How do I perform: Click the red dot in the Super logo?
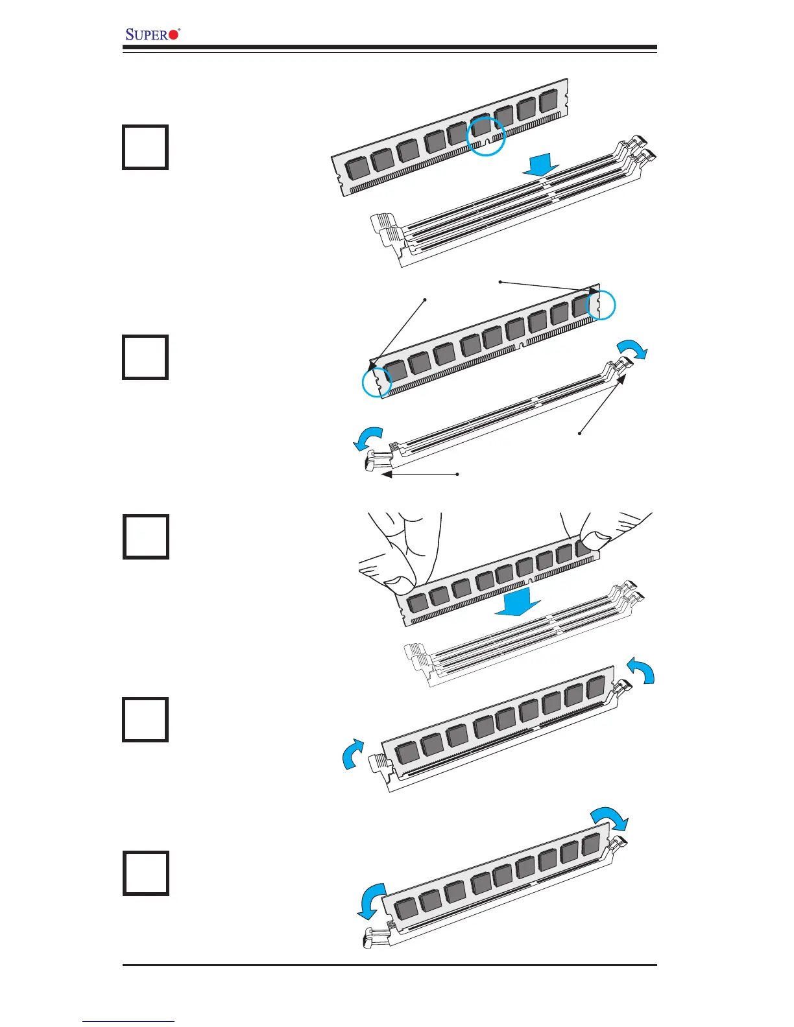click(173, 35)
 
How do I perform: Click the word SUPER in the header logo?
click(147, 34)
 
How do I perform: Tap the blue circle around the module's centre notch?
click(486, 137)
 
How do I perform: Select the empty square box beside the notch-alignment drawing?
click(145, 147)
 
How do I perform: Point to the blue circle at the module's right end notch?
click(601, 305)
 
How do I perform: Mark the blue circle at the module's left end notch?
click(377, 383)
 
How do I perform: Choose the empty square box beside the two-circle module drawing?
click(145, 357)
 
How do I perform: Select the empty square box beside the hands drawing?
click(145, 537)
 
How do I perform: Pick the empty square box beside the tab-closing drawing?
click(145, 720)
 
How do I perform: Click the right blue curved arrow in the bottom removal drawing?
click(610, 818)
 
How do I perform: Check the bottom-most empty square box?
click(145, 873)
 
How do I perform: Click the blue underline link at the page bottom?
click(128, 1022)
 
